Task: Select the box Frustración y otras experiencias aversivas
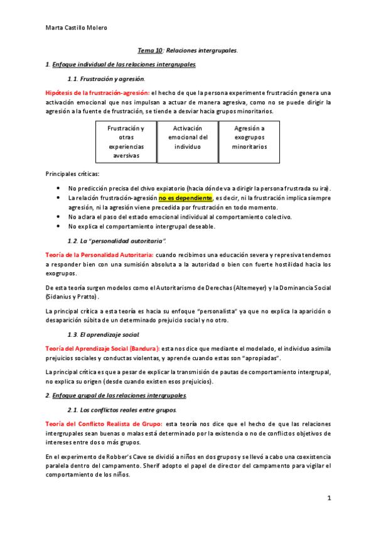[x=126, y=141]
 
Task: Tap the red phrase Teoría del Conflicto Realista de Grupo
[x=105, y=424]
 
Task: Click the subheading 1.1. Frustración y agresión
[x=106, y=79]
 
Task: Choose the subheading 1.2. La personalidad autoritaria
[x=116, y=241]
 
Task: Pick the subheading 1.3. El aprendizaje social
[x=104, y=333]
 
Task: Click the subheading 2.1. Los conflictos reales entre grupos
[x=122, y=409]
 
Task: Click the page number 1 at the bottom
[x=328, y=498]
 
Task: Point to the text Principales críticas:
[x=72, y=173]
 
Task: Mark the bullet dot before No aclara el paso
[x=58, y=217]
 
